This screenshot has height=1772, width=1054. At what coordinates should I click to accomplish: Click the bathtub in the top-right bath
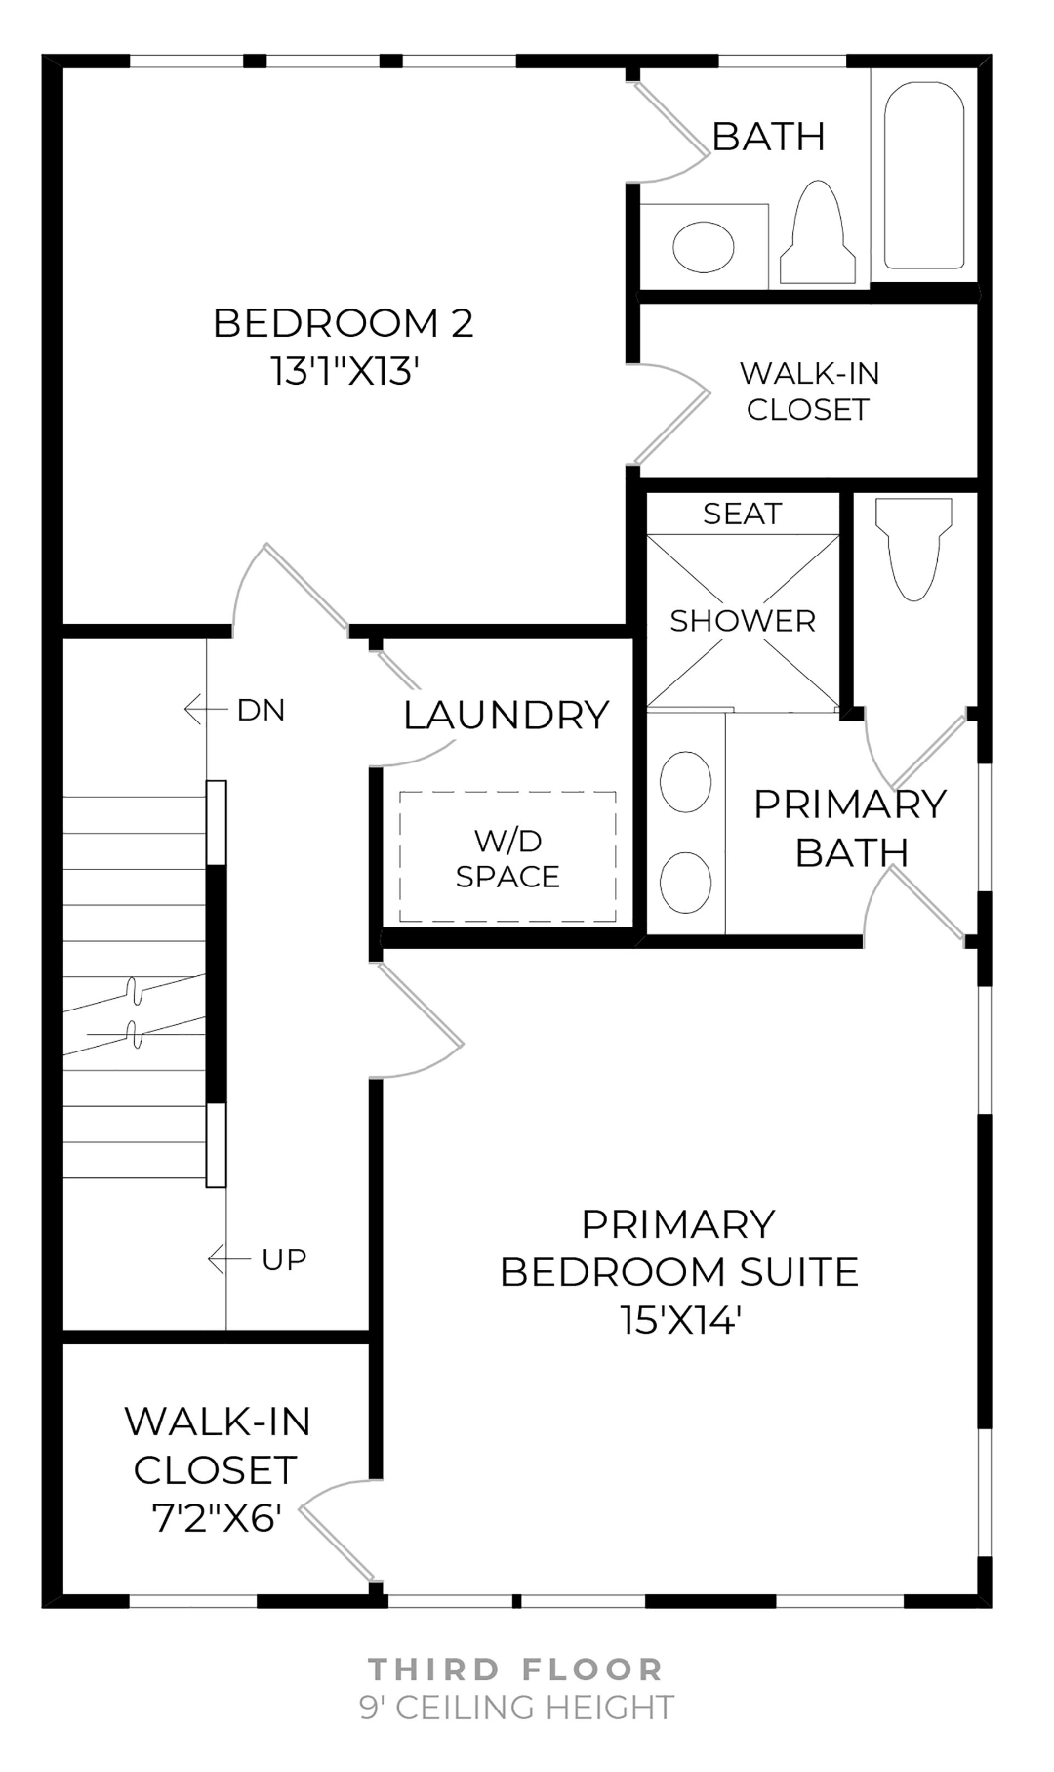(923, 176)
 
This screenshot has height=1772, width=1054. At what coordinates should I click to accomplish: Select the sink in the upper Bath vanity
(704, 246)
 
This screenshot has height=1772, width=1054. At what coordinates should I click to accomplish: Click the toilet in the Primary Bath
(913, 549)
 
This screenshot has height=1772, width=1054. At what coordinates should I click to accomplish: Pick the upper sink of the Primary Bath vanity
(685, 782)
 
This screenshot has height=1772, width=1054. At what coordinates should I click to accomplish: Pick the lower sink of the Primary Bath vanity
(685, 882)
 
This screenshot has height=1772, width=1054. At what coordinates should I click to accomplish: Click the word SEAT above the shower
(742, 514)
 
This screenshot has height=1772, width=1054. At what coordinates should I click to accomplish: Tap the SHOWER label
(742, 621)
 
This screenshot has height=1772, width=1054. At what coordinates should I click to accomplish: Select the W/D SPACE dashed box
(507, 857)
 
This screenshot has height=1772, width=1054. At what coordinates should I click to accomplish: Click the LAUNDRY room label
(506, 716)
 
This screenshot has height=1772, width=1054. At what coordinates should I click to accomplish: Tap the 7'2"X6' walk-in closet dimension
(217, 1517)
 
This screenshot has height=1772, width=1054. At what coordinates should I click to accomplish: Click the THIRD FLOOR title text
(516, 1669)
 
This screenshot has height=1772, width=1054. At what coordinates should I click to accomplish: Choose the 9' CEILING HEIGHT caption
(516, 1707)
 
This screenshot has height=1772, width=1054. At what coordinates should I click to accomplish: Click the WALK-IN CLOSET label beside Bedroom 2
(808, 391)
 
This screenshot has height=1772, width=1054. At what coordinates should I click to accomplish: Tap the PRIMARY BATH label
(850, 828)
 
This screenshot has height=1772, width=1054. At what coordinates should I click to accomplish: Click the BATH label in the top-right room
(768, 137)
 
